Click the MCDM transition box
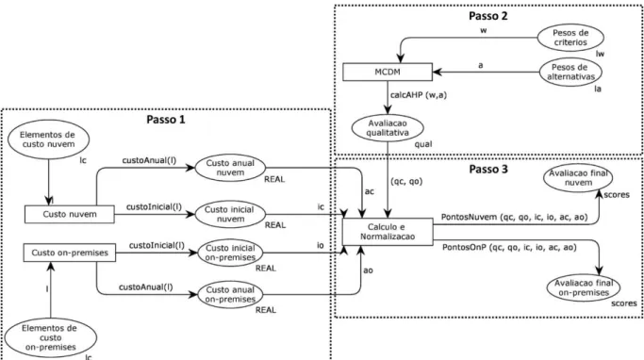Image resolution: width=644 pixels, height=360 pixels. point(388,72)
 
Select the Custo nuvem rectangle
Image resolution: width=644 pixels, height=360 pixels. point(70,214)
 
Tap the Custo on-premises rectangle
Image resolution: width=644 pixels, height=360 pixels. point(70,253)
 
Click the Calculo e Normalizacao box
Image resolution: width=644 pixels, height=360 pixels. point(388,232)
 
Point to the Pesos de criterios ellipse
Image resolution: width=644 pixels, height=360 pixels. point(570,38)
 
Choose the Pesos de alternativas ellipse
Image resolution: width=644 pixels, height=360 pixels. point(570,73)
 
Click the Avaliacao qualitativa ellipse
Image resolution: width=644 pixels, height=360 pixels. point(388,127)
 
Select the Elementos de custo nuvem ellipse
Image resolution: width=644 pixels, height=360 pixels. point(48,139)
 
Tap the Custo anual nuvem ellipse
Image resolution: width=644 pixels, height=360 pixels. point(230,168)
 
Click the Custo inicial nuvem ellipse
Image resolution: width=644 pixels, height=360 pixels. point(230,214)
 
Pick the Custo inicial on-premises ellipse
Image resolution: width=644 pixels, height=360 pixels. point(230,253)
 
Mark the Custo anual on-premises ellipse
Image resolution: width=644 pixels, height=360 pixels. point(230,295)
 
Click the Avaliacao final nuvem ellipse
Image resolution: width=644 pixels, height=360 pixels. point(578,178)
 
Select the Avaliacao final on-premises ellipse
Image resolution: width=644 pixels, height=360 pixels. point(584,287)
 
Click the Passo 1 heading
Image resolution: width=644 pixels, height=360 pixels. point(166,120)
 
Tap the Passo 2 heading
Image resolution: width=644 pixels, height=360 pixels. point(488,16)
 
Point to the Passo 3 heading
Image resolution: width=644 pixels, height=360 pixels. point(488,169)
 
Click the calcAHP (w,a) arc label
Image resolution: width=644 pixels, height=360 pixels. point(419,95)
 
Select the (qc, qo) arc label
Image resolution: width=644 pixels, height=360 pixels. point(406,181)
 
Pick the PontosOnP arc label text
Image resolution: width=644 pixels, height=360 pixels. point(509,248)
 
